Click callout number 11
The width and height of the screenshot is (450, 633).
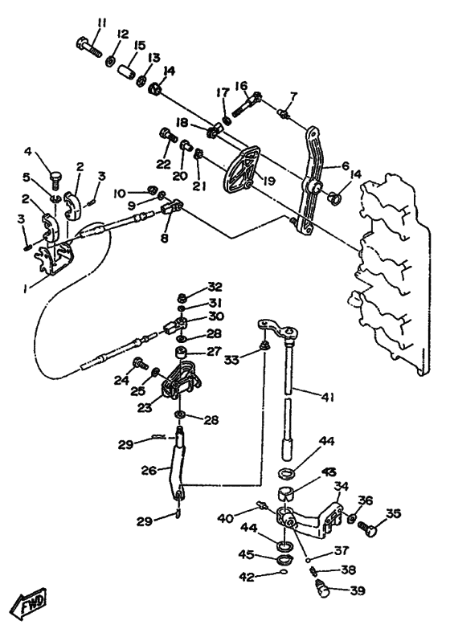tap(102, 22)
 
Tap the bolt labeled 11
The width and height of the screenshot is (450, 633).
tap(88, 47)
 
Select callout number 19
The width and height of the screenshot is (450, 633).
tap(268, 181)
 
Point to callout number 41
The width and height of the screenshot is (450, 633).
tap(328, 398)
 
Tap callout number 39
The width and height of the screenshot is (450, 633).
tap(357, 591)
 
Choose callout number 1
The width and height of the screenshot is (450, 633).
tap(25, 288)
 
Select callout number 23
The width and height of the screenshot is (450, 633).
tap(144, 408)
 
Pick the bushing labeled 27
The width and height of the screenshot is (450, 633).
tap(182, 353)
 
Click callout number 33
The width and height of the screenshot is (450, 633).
tap(232, 359)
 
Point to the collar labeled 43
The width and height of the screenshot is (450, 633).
tap(286, 494)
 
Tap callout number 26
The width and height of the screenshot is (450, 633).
tap(149, 470)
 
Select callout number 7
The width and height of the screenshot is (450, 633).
tap(293, 96)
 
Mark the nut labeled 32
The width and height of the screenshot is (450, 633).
tap(182, 298)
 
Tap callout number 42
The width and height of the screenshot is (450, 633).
tap(247, 577)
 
